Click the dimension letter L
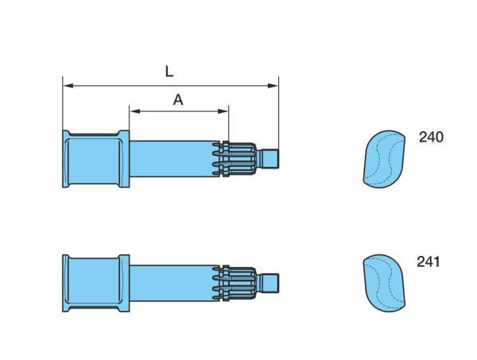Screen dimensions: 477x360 pyautogui.click(x=169, y=72)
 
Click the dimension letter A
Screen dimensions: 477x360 pyautogui.click(x=178, y=99)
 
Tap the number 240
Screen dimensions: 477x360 pyautogui.click(x=431, y=137)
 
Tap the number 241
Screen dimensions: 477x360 pyautogui.click(x=429, y=261)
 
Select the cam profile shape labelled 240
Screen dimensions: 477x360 pyautogui.click(x=384, y=159)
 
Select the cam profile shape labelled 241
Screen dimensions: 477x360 pyautogui.click(x=384, y=283)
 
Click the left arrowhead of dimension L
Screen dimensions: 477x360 pyautogui.click(x=68, y=86)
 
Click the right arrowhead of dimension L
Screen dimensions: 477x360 pyautogui.click(x=273, y=86)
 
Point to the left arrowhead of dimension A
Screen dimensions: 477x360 pyautogui.click(x=135, y=111)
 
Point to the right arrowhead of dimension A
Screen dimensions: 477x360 pyautogui.click(x=223, y=111)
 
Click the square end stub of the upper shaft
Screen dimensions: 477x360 pyautogui.click(x=270, y=158)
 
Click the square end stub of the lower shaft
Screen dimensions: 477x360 pyautogui.click(x=270, y=283)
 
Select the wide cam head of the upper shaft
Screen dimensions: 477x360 pyautogui.click(x=96, y=159)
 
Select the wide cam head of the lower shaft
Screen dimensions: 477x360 pyautogui.click(x=96, y=283)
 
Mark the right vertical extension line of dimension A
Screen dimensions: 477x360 pyautogui.click(x=228, y=123)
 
